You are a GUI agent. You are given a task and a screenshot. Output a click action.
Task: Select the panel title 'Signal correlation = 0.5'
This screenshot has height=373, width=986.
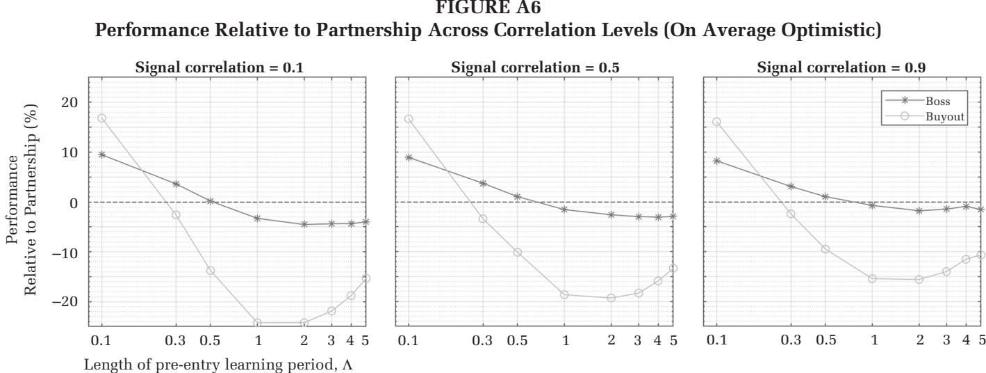[x=534, y=67]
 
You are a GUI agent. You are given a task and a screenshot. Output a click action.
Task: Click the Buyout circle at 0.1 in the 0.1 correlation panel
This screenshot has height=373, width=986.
[x=102, y=118]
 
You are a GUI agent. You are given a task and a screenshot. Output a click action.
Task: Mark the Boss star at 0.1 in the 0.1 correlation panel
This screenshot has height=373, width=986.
[x=102, y=154]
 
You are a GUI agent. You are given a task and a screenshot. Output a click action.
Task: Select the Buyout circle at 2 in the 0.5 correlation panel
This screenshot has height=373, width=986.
[x=611, y=298]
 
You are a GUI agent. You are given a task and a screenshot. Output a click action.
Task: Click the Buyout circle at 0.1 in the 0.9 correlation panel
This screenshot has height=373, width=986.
[x=716, y=122]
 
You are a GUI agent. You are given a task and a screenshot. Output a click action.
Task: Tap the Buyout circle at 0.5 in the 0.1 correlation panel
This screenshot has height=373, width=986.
[x=211, y=271]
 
